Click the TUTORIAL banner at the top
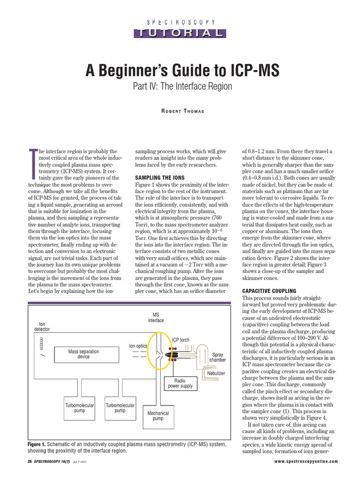(180, 33)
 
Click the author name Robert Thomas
(180, 111)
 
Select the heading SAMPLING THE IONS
(159, 178)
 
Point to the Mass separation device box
(83, 354)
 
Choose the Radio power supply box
(180, 383)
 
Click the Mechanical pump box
(158, 416)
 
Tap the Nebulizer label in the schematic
(216, 373)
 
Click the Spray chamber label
(217, 357)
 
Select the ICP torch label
(181, 339)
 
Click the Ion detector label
(42, 326)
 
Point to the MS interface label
(156, 318)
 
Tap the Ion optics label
(138, 346)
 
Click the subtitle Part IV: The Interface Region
(180, 87)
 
